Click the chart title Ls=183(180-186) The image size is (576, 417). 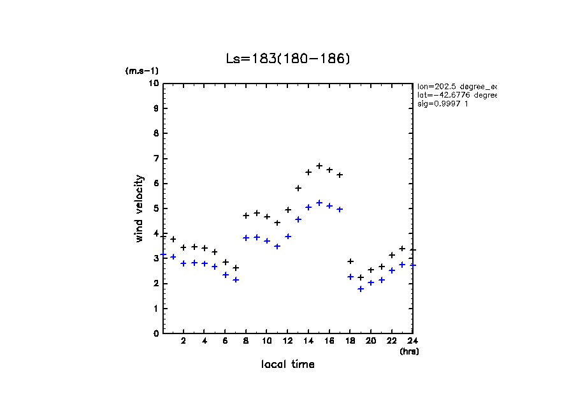[288, 59]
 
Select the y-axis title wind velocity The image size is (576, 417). [140, 208]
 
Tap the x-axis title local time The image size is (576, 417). [287, 365]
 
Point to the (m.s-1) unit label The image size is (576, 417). [141, 71]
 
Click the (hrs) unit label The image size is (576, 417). [409, 351]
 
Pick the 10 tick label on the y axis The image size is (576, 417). [154, 84]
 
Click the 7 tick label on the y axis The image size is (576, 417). [156, 158]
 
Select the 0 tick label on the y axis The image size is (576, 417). [156, 333]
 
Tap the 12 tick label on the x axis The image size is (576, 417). [287, 341]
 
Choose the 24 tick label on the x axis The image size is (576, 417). [412, 341]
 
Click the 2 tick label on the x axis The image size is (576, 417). [184, 341]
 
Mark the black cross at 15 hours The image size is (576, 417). [319, 166]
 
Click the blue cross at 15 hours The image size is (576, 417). [319, 203]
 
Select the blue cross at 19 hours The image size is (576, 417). [361, 289]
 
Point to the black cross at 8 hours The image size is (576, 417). [246, 216]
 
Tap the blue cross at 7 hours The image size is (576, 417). [236, 279]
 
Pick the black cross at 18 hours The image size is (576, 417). [350, 261]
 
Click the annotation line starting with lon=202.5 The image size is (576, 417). [456, 86]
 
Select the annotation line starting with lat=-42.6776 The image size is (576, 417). [456, 95]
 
